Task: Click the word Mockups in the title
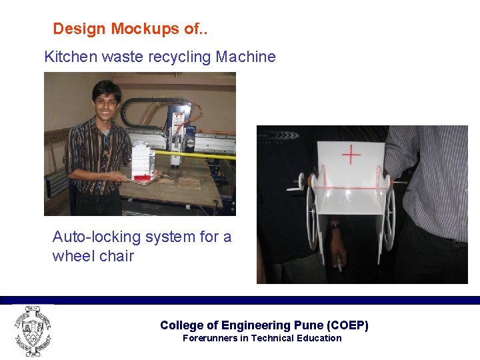[x=143, y=29]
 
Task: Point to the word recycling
[x=178, y=57]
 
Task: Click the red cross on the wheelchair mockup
[x=351, y=155]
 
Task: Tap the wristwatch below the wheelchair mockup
[x=335, y=225]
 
